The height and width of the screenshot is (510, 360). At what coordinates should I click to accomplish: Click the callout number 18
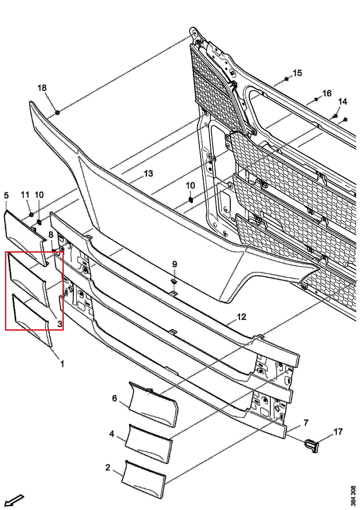(42, 88)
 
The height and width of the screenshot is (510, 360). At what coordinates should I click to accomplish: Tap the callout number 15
(297, 73)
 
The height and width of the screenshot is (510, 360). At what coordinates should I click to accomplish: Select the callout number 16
(326, 93)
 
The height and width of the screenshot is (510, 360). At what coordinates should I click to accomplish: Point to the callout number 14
(343, 102)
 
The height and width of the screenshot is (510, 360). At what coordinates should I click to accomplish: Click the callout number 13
(148, 174)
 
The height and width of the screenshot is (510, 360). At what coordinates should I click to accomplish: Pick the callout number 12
(241, 316)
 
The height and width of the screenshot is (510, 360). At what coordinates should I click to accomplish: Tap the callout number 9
(175, 264)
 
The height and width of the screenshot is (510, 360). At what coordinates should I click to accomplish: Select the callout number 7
(306, 423)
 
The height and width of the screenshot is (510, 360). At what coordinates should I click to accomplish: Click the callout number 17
(338, 432)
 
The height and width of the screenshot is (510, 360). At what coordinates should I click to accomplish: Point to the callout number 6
(114, 398)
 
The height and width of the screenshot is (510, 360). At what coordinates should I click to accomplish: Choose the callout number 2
(108, 468)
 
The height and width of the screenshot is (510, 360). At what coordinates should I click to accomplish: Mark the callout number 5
(6, 196)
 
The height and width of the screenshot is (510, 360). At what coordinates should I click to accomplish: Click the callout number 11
(25, 195)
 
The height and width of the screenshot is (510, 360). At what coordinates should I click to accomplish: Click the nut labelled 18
(57, 112)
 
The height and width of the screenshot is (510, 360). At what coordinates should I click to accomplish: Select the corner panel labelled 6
(153, 404)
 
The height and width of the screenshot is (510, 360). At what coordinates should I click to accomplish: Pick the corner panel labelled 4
(148, 443)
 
